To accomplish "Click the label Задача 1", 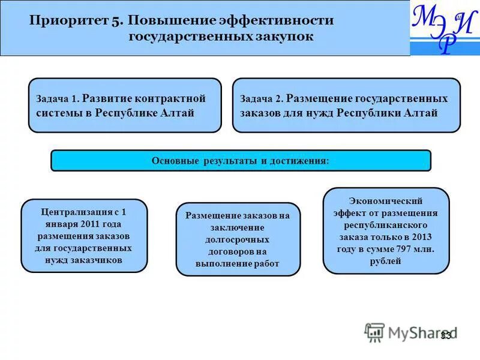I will [57, 99].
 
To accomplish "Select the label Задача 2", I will [261, 99].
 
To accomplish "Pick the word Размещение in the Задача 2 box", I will [318, 98].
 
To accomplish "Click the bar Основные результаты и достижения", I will [241, 161].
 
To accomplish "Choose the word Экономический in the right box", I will [386, 201].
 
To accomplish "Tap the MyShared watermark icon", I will [374, 332].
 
